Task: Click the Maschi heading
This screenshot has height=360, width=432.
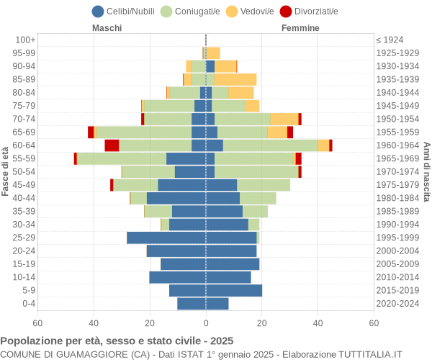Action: click(107, 28)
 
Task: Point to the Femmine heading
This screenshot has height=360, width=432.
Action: click(300, 28)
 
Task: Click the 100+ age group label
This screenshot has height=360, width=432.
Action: click(25, 40)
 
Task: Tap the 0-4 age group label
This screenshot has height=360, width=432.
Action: click(28, 304)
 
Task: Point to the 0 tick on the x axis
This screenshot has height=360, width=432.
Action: click(206, 324)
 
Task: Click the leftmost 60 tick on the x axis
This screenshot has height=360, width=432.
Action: click(37, 324)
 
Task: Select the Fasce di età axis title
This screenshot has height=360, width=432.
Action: click(6, 171)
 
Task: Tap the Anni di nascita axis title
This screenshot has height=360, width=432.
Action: click(426, 171)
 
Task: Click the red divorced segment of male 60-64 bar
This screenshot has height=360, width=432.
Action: click(112, 145)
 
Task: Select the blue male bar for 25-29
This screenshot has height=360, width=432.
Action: click(166, 238)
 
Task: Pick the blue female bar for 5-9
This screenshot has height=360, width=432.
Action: click(234, 290)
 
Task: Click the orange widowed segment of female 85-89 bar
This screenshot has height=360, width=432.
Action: click(235, 79)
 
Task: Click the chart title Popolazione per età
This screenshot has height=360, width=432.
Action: click(117, 341)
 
